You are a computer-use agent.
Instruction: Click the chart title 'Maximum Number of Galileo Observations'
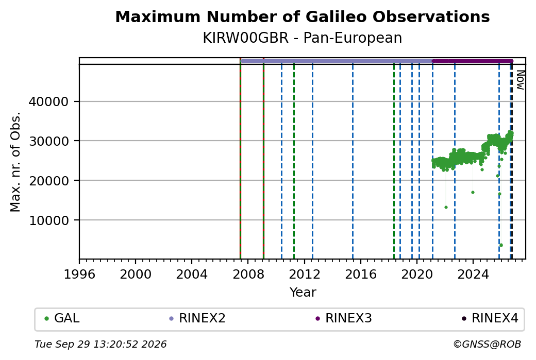(303, 16)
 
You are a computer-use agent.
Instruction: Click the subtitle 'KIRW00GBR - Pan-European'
(303, 38)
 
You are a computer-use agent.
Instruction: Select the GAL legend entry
(62, 318)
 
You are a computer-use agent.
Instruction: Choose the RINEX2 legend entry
(197, 318)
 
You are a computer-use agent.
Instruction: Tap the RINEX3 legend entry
(344, 318)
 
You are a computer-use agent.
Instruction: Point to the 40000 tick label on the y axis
(48, 102)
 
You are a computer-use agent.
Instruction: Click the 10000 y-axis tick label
(48, 220)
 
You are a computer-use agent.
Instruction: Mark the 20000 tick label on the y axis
(48, 181)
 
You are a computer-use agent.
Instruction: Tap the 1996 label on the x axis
(79, 275)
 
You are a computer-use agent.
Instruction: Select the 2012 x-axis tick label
(305, 275)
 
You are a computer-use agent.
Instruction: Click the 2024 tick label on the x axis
(473, 275)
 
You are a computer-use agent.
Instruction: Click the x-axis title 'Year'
(303, 293)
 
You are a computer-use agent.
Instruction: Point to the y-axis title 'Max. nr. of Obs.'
(15, 162)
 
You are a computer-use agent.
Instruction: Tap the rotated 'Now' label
(520, 80)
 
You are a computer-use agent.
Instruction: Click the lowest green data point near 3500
(501, 245)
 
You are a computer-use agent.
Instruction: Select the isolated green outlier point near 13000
(446, 208)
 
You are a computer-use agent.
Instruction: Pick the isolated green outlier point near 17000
(473, 192)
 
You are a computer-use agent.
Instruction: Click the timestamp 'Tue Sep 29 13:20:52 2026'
(100, 344)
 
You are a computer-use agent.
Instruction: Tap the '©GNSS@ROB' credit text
(488, 344)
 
